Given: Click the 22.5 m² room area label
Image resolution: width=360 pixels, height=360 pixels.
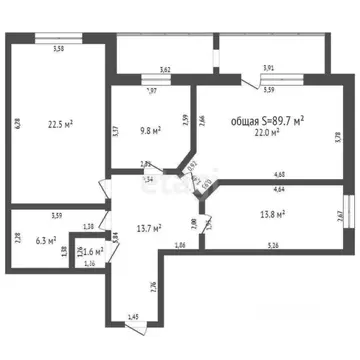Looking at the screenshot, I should (x=61, y=125).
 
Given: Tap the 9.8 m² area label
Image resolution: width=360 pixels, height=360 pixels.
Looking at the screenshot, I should (x=151, y=129).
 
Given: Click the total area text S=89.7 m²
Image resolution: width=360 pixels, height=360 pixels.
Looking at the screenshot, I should (x=267, y=119).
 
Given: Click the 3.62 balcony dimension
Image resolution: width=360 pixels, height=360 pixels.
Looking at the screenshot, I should (x=165, y=70).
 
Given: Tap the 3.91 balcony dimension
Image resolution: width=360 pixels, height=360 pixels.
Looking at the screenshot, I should (x=268, y=70).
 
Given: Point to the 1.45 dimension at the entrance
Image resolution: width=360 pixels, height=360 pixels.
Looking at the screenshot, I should (x=134, y=317).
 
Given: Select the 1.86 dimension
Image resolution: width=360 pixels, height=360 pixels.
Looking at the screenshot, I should (x=179, y=244).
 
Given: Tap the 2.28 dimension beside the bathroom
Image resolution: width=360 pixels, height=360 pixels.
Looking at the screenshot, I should (x=17, y=238).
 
